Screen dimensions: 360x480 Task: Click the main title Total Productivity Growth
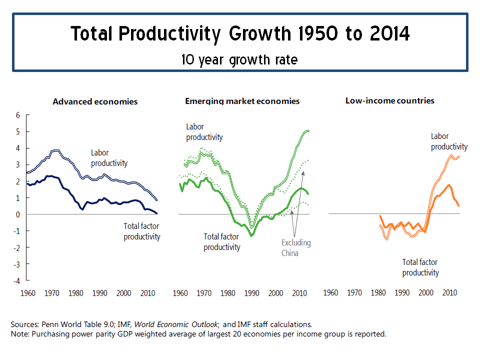tap(240, 34)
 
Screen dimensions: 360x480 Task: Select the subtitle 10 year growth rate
tap(239, 60)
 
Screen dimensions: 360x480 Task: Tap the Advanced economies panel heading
tap(95, 101)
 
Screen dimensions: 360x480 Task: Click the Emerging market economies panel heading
tap(242, 101)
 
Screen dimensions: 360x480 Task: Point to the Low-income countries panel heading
tap(389, 100)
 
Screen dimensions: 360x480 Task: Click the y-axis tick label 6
tap(18, 115)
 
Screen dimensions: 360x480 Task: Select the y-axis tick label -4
tap(17, 280)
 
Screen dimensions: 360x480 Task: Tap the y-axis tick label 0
tap(18, 214)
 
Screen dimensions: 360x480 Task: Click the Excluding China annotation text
tap(295, 248)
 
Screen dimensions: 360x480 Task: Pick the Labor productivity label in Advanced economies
tap(109, 158)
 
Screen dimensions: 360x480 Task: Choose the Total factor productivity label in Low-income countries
tap(420, 267)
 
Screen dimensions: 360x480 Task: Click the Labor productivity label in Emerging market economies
tap(204, 132)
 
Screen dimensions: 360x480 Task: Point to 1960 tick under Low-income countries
tap(330, 292)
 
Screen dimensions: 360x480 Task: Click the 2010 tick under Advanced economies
tap(147, 292)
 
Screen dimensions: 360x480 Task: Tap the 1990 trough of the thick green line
tap(251, 235)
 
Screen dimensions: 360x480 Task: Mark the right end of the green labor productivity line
tap(308, 130)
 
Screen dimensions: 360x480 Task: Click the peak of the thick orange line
tap(449, 185)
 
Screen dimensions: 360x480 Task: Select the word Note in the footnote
tap(19, 333)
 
